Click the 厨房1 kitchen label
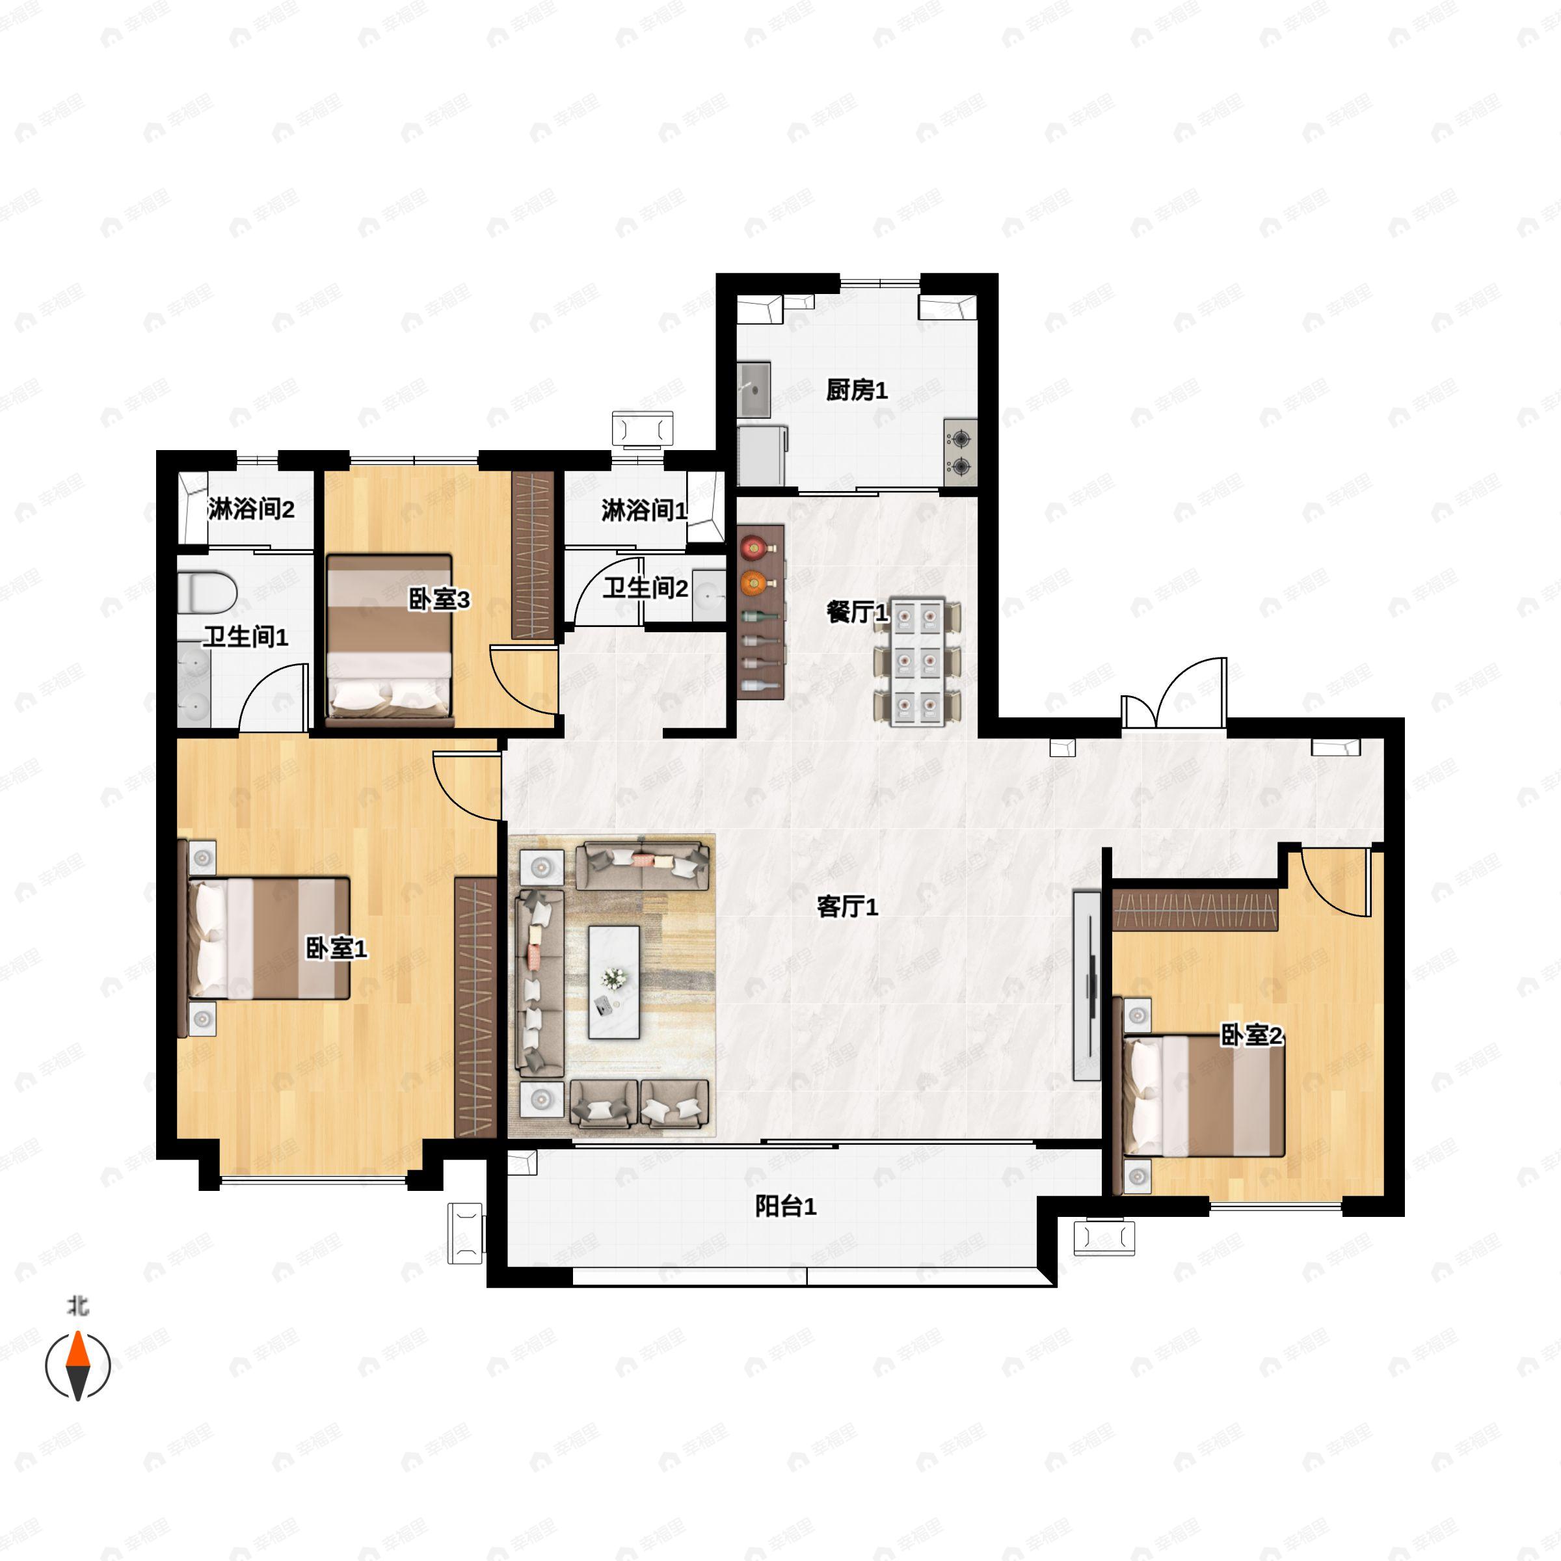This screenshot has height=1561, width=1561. (x=857, y=390)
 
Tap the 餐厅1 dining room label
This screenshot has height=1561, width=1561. (x=857, y=613)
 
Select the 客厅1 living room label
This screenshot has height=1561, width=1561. (x=847, y=907)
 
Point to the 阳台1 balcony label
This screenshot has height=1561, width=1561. (x=785, y=1207)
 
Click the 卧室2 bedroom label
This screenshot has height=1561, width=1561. (x=1251, y=1035)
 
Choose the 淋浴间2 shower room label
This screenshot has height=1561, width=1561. (x=250, y=509)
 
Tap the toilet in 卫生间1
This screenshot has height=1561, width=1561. (x=207, y=593)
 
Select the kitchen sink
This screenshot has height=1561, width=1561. (x=754, y=390)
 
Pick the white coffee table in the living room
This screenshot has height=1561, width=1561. (x=614, y=981)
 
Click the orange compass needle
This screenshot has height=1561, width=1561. (x=77, y=1348)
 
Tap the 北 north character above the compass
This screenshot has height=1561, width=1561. (x=77, y=1305)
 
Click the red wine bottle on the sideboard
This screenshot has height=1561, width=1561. (x=753, y=547)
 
